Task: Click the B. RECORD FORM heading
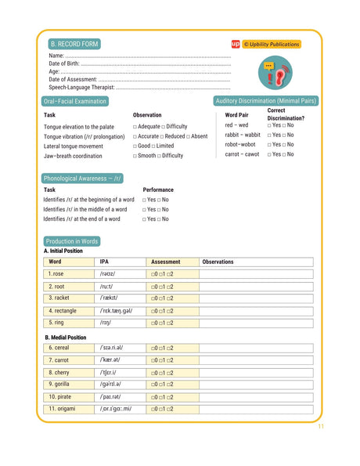point(74,45)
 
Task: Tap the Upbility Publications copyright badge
point(271,45)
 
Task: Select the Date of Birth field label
point(67,63)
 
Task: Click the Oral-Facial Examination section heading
point(75,102)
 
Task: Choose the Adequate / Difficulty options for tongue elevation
point(160,126)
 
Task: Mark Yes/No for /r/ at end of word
point(156,219)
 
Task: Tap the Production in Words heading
point(72,241)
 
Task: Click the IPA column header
point(105,262)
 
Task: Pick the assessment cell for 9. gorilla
point(162,385)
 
